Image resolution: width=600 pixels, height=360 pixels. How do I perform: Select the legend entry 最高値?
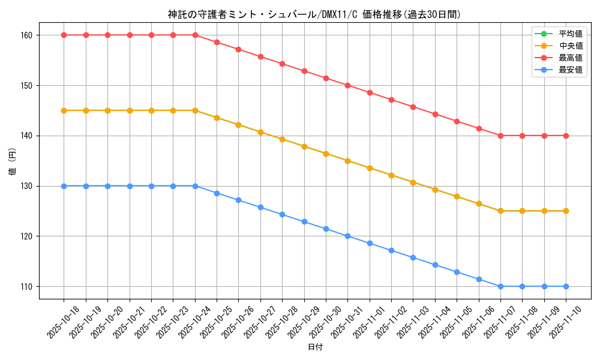click(570, 58)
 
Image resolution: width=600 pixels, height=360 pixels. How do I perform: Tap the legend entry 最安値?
click(570, 70)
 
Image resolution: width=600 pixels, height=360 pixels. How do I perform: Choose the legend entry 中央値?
click(570, 46)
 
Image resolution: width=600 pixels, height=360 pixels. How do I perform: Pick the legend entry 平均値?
click(570, 34)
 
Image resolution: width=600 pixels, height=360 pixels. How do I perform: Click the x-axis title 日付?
click(315, 347)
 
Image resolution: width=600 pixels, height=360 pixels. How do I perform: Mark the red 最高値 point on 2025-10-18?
click(64, 35)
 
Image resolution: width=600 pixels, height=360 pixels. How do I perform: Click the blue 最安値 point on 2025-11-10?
click(566, 286)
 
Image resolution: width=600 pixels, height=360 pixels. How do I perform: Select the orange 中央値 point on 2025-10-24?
click(195, 110)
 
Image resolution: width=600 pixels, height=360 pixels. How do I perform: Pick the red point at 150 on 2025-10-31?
click(348, 85)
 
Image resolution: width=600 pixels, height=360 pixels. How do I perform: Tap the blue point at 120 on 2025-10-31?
click(348, 236)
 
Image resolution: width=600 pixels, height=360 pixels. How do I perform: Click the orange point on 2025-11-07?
click(500, 211)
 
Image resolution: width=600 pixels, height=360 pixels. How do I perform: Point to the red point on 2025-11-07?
click(500, 136)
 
